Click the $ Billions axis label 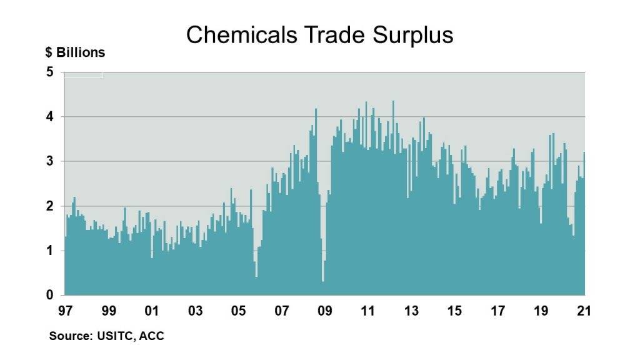(75, 52)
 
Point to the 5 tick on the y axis (50, 72)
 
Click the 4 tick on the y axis (50, 117)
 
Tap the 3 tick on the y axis (50, 161)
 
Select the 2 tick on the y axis (50, 206)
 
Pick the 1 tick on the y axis (50, 251)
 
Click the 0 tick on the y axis (50, 295)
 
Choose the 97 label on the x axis (65, 311)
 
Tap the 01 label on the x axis (151, 311)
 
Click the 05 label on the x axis (238, 311)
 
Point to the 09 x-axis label (324, 311)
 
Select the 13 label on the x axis (411, 311)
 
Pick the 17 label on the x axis (497, 311)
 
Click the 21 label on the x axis (584, 311)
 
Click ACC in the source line (152, 336)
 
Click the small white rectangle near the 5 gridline (84, 75)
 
